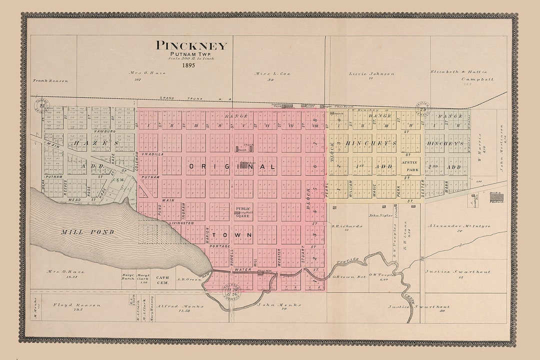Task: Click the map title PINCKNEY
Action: click(191, 45)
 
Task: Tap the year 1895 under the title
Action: click(188, 65)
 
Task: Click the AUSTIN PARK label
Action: click(409, 166)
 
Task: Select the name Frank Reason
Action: click(50, 80)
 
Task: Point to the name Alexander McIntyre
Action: click(459, 226)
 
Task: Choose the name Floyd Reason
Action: click(84, 304)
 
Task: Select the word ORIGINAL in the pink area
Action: click(232, 166)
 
